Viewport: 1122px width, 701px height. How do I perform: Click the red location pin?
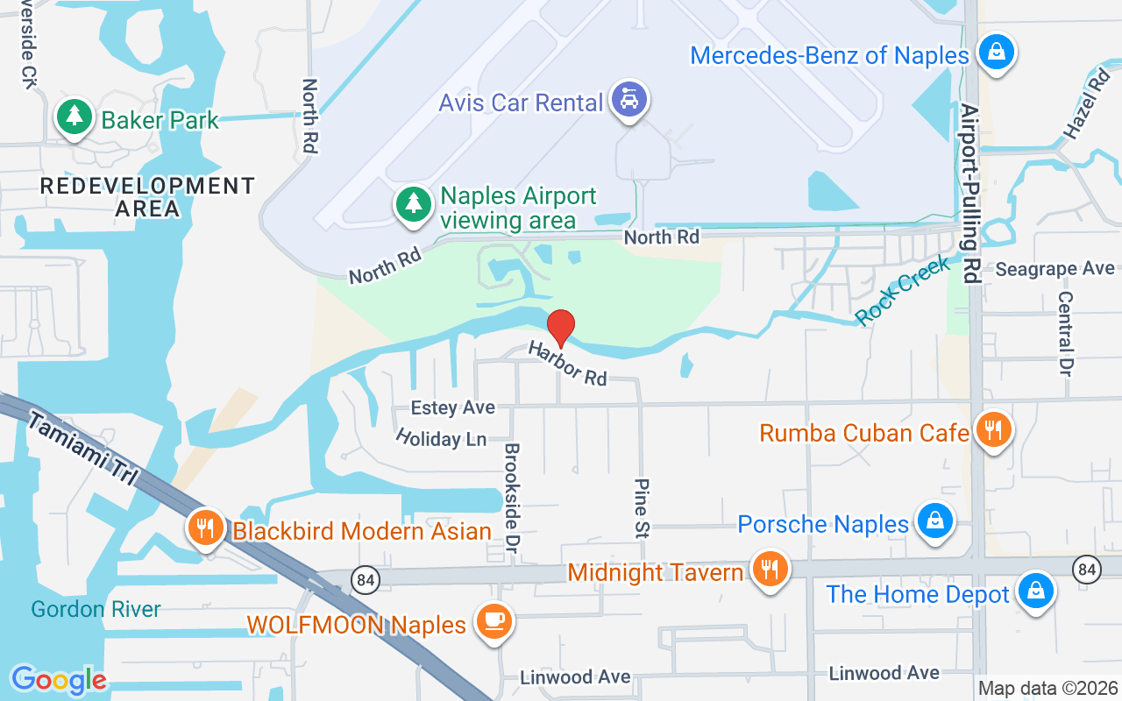tap(561, 328)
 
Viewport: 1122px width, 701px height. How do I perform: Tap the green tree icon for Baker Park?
tap(75, 117)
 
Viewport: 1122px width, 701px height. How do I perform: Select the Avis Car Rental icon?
tap(628, 99)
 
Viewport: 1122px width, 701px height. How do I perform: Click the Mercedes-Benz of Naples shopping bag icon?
tap(996, 51)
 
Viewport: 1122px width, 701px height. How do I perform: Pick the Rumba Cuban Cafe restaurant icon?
tap(992, 430)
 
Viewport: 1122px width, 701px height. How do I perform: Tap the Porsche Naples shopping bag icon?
tap(934, 521)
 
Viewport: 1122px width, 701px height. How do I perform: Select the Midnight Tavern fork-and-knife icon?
tap(769, 570)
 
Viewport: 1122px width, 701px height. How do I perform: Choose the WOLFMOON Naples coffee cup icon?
tap(493, 621)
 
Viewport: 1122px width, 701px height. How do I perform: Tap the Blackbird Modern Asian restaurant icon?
tap(206, 528)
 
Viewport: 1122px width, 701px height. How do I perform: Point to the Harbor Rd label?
tap(567, 364)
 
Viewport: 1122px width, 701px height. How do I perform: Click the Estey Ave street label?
tap(453, 407)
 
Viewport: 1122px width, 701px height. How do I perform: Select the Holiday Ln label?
tap(441, 437)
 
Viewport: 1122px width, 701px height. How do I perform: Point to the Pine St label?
tap(643, 507)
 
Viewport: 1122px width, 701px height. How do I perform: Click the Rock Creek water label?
tap(902, 291)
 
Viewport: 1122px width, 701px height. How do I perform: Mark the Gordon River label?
tap(96, 609)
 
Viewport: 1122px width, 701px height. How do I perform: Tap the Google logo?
tap(59, 680)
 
